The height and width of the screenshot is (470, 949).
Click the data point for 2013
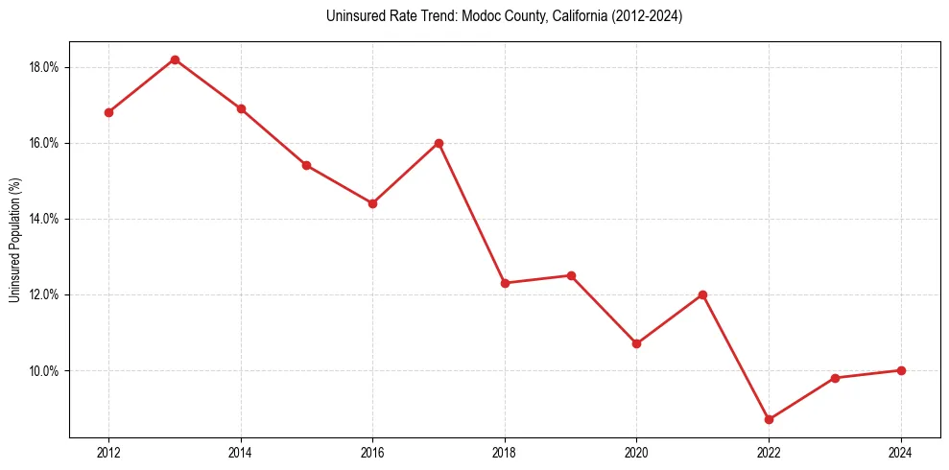click(175, 59)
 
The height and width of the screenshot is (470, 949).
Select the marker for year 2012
click(108, 112)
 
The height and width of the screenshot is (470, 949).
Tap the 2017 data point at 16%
click(439, 143)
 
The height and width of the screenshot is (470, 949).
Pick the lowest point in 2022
click(769, 419)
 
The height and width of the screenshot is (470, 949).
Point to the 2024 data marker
click(901, 370)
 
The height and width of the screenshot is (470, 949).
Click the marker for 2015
click(306, 165)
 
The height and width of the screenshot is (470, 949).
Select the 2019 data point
click(571, 275)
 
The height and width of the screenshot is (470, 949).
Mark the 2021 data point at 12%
click(702, 294)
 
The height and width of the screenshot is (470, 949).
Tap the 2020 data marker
click(636, 343)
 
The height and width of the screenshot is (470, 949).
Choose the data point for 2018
click(505, 283)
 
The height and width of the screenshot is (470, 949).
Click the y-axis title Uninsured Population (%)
click(14, 240)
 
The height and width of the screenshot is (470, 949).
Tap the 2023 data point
click(835, 378)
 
